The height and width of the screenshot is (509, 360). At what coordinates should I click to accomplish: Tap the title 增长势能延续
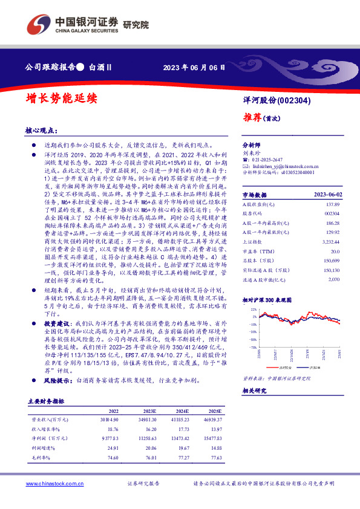click(x=61, y=97)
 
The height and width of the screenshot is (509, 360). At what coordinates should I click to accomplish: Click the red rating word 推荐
click(x=251, y=116)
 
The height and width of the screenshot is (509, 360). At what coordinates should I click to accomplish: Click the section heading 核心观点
click(x=41, y=130)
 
